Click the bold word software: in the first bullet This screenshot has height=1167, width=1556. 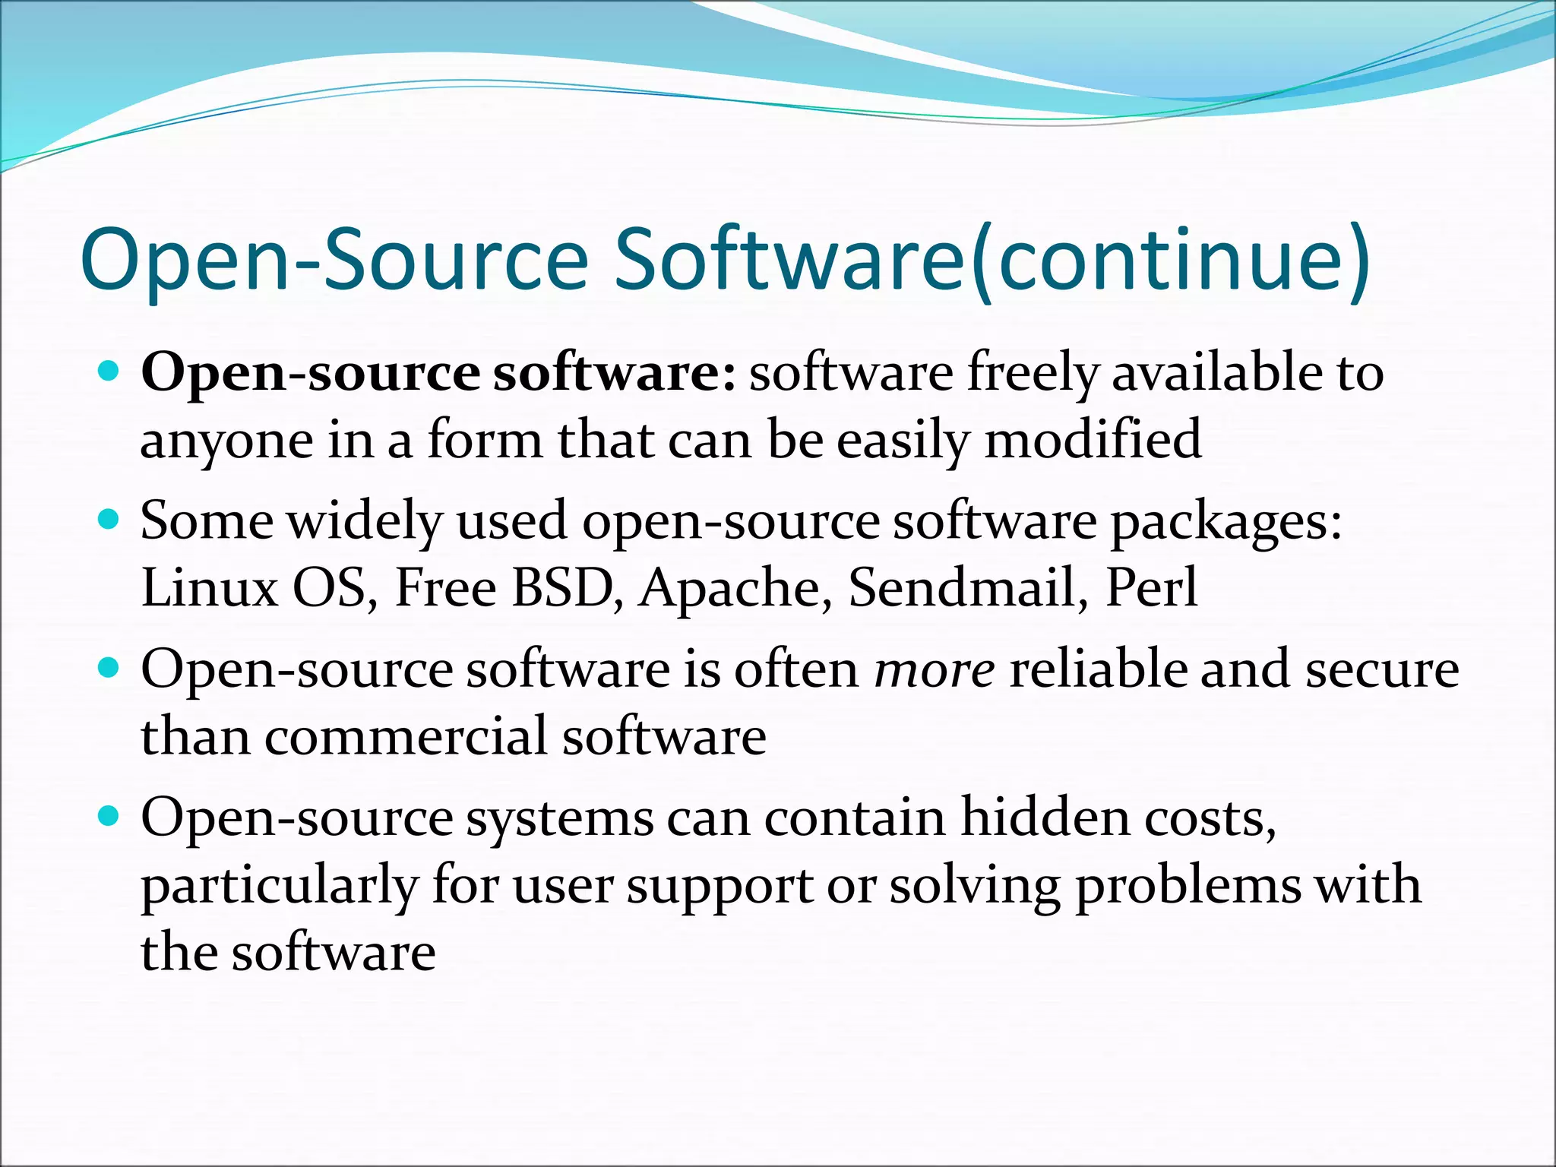tap(614, 373)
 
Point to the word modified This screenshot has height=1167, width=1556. tap(1093, 440)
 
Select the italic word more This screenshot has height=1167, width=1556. tap(934, 670)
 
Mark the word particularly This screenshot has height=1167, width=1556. tap(280, 886)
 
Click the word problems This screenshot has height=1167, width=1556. tap(1188, 886)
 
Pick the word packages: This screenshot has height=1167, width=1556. tap(1226, 522)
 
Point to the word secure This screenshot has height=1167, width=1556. tap(1382, 670)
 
